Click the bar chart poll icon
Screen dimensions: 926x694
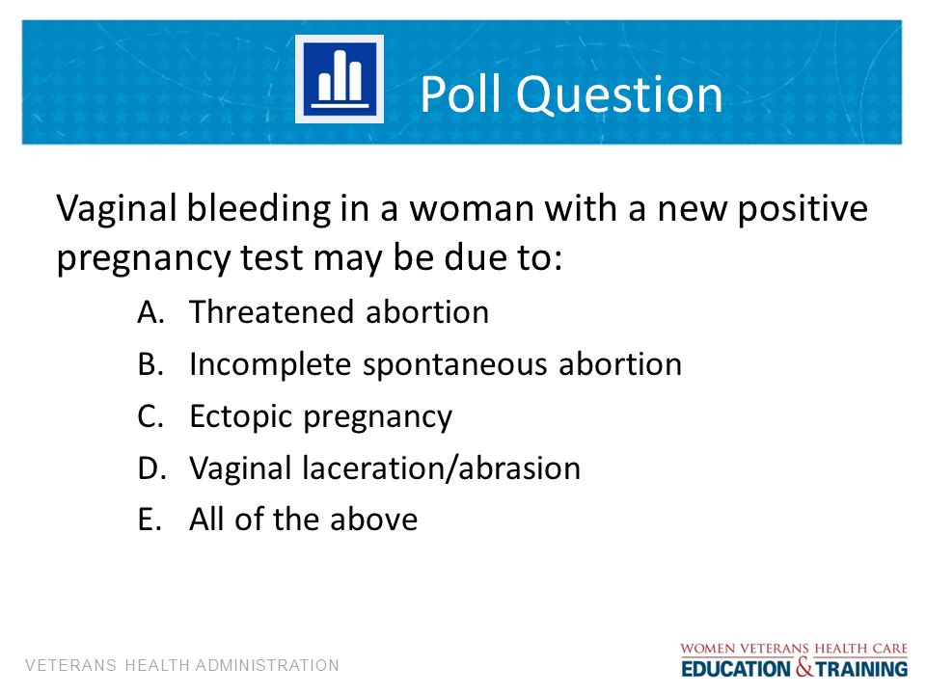pyautogui.click(x=340, y=79)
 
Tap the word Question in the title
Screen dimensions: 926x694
pyautogui.click(x=619, y=95)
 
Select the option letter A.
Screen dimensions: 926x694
pyautogui.click(x=150, y=312)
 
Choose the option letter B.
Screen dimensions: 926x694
pyautogui.click(x=150, y=364)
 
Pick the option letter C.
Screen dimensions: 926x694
pyautogui.click(x=150, y=416)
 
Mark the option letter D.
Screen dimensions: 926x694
pyautogui.click(x=151, y=468)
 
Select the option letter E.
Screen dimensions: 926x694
pyautogui.click(x=150, y=520)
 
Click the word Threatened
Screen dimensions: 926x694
pyautogui.click(x=272, y=312)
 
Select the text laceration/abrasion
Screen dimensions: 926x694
pyautogui.click(x=441, y=468)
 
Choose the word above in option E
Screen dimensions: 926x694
pyautogui.click(x=373, y=520)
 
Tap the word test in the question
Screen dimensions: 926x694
pyautogui.click(x=272, y=259)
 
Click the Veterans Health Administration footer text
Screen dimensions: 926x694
pyautogui.click(x=182, y=666)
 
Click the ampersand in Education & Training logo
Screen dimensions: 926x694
pyautogui.click(x=804, y=667)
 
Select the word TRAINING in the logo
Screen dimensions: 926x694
pyautogui.click(x=861, y=669)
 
